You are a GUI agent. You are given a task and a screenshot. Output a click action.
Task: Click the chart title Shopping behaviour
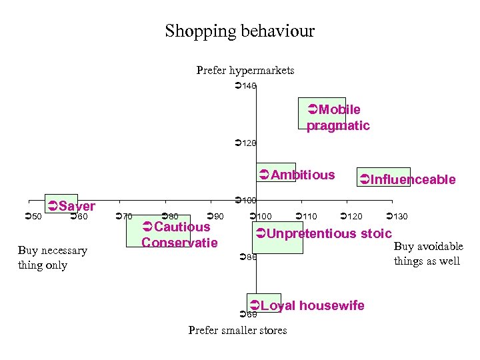tap(239, 31)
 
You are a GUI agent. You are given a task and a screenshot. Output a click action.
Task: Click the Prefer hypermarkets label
tap(245, 70)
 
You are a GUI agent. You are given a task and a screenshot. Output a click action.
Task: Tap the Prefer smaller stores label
tap(237, 330)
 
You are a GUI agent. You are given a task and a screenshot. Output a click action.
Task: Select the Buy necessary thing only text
tap(53, 257)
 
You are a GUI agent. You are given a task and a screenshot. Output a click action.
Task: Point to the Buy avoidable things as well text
tap(428, 253)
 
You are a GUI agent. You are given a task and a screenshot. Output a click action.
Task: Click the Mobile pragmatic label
tap(337, 117)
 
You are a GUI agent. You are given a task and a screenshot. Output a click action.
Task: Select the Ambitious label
tap(297, 175)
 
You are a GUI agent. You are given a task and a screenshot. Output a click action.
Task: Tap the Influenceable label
tap(407, 179)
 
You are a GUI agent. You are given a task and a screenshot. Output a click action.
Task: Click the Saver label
tap(72, 206)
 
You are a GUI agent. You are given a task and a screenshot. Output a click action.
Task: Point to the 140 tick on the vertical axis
tap(246, 86)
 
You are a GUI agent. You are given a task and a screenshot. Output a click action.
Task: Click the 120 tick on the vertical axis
tap(246, 143)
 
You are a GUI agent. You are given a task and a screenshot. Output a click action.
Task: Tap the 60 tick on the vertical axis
tap(248, 314)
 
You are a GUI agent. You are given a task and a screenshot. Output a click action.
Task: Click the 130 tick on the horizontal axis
tap(397, 217)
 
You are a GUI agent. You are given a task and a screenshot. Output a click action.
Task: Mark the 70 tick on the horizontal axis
tap(125, 216)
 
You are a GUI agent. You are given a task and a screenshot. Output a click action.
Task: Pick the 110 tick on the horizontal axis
tap(307, 217)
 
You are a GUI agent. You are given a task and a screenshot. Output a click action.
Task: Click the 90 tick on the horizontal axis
tap(216, 216)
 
